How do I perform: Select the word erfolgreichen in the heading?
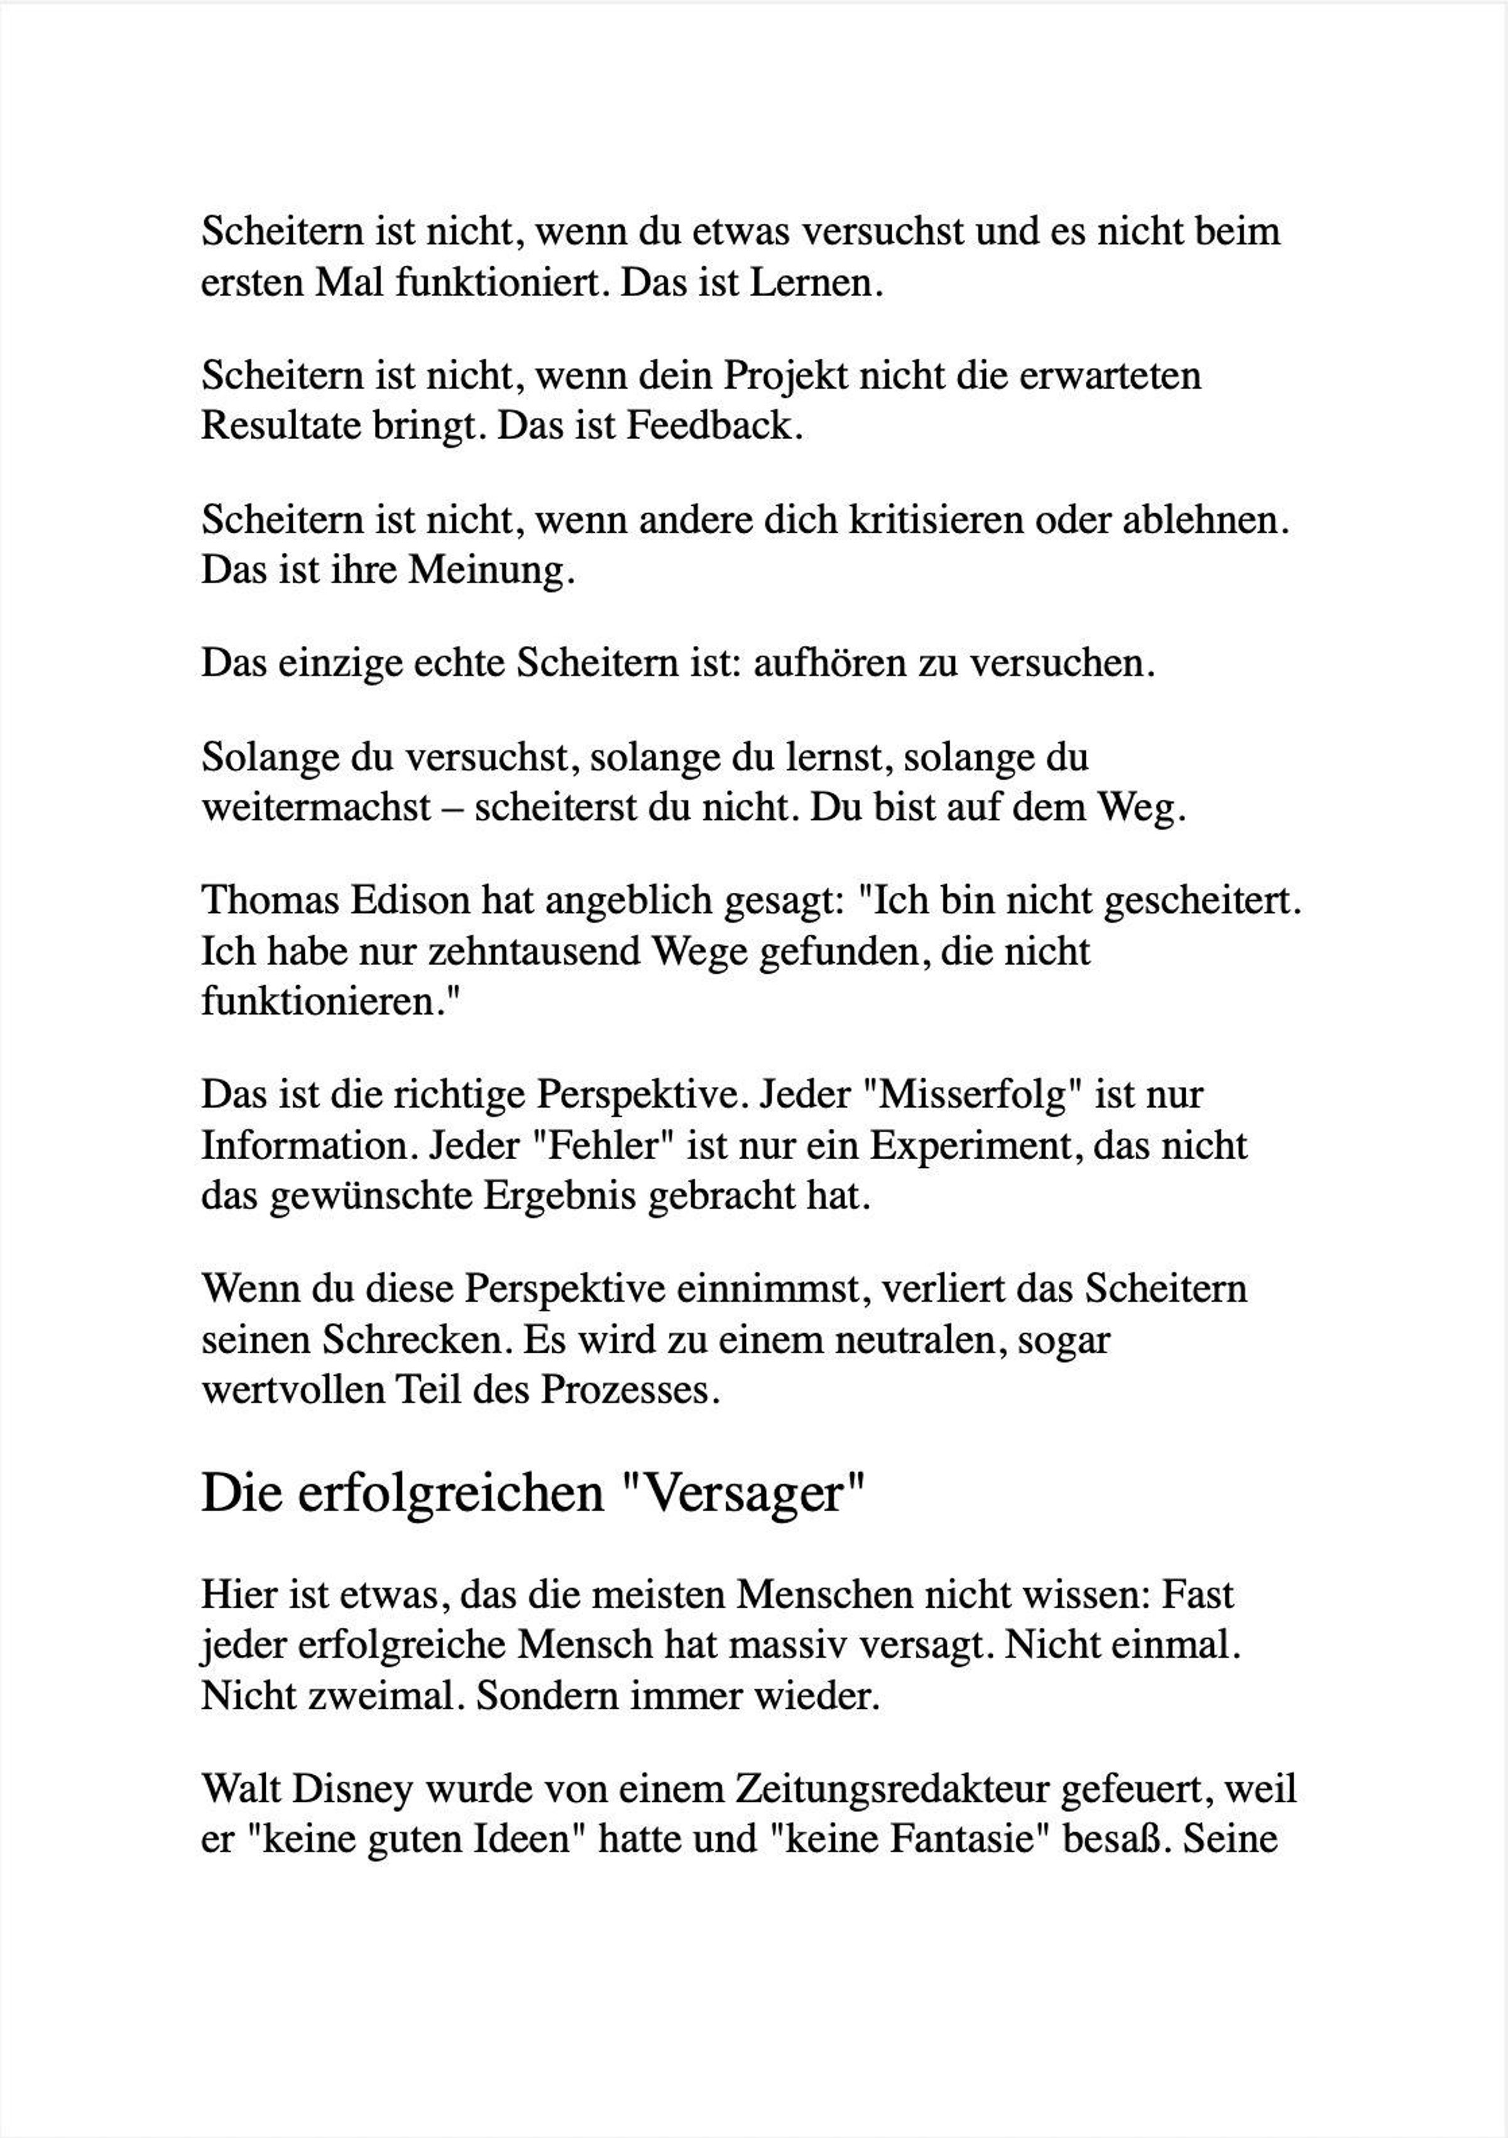(451, 1493)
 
